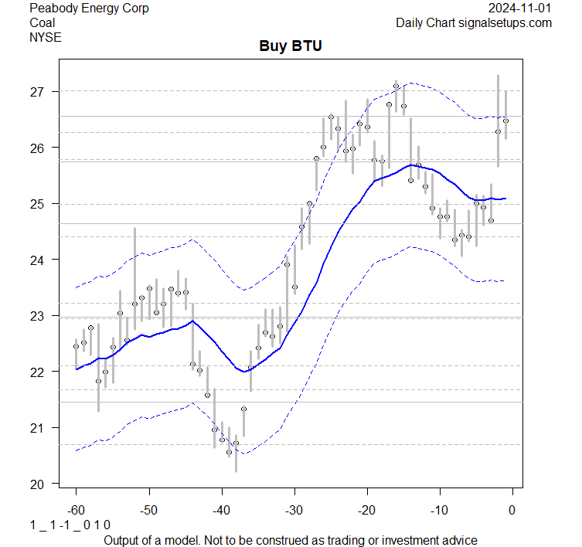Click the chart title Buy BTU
click(290, 46)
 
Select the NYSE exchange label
click(45, 36)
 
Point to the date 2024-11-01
click(520, 8)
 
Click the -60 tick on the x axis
click(76, 510)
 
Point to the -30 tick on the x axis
click(294, 510)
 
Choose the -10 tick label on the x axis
click(439, 510)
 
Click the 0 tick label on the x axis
click(512, 510)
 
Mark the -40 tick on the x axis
click(221, 510)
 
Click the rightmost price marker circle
click(505, 121)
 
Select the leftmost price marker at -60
click(76, 346)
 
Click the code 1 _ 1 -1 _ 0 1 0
click(70, 525)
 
